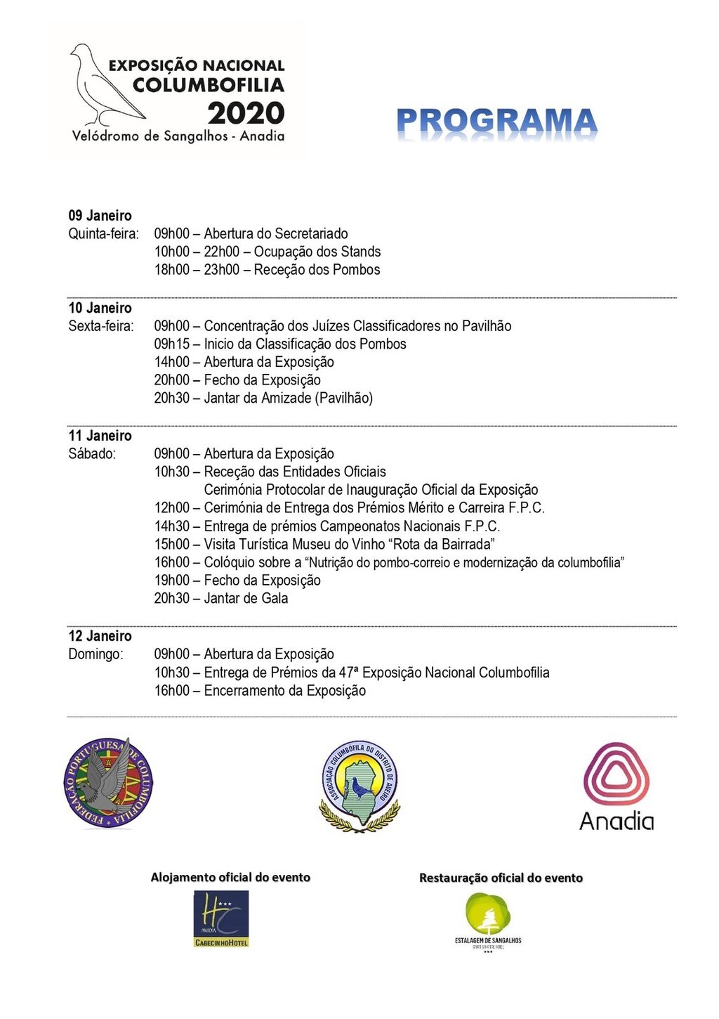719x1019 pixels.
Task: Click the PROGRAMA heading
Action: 496,122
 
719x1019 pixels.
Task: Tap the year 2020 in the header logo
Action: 246,113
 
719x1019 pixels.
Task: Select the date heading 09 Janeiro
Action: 100,216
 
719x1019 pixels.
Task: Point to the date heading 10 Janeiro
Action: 100,308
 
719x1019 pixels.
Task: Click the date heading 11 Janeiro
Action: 100,436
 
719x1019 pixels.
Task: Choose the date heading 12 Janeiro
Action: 100,636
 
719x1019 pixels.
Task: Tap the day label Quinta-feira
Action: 103,234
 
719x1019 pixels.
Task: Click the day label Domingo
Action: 95,654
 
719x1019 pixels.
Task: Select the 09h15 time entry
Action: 171,344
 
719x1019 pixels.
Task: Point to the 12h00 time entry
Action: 171,508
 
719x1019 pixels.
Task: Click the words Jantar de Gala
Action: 246,599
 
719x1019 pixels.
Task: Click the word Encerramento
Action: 253,691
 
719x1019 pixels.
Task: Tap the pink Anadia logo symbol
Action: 616,774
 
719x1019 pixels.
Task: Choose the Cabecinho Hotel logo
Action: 221,919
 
